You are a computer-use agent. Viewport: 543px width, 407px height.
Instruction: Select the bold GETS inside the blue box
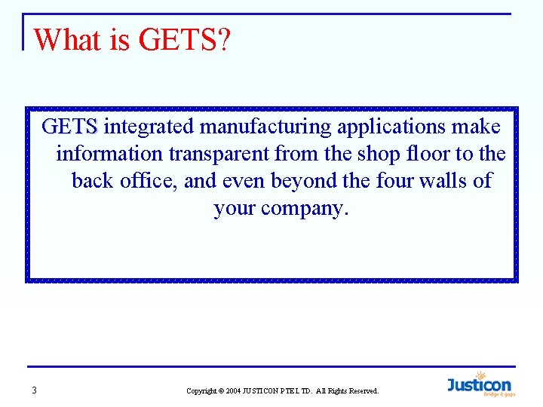69,126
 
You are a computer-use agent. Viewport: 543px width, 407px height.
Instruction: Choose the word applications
391,127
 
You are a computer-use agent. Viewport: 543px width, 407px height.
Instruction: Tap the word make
476,127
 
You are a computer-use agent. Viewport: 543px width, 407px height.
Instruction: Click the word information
109,154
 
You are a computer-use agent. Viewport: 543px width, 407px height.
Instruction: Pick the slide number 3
35,390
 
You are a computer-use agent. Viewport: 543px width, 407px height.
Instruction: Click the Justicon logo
480,384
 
